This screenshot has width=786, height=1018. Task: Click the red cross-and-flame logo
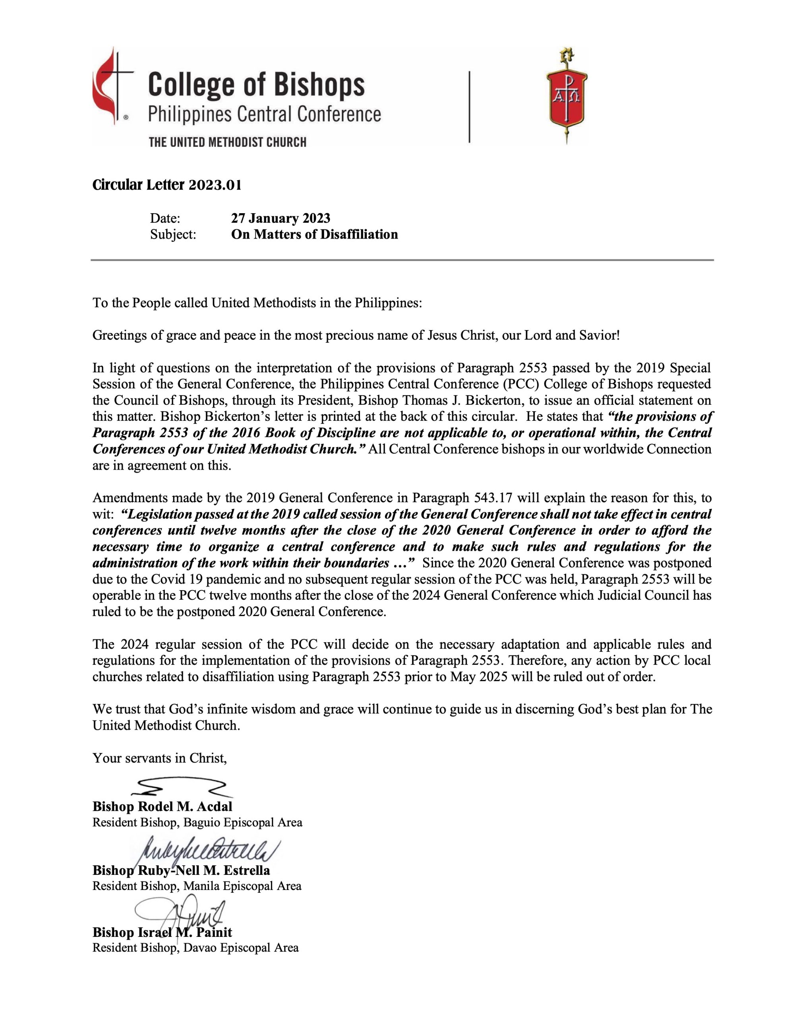click(112, 86)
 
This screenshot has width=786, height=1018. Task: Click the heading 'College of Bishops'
click(256, 85)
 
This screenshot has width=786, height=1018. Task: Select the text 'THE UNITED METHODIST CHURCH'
click(227, 142)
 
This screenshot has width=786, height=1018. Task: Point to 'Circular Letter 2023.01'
click(167, 186)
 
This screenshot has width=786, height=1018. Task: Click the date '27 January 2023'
click(281, 218)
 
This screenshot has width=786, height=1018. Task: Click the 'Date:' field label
click(165, 218)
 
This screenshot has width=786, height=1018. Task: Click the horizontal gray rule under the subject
click(402, 260)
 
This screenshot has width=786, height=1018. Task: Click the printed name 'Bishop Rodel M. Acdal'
click(162, 806)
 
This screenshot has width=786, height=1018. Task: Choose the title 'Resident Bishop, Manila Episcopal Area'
click(197, 886)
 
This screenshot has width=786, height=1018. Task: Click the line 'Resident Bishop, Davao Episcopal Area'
click(195, 948)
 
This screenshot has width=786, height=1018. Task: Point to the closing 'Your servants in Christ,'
click(159, 758)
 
